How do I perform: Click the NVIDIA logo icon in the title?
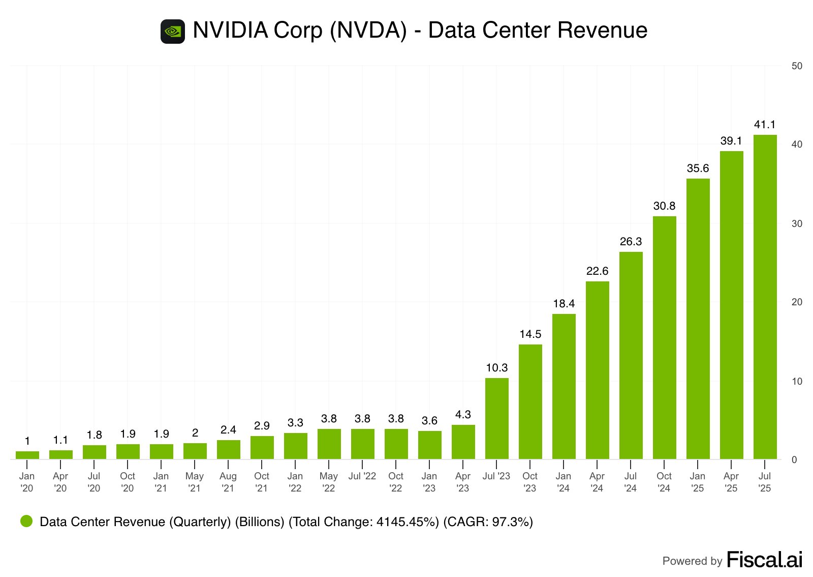pyautogui.click(x=173, y=31)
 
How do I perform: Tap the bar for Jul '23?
pyautogui.click(x=496, y=418)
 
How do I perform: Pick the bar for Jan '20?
pyautogui.click(x=27, y=455)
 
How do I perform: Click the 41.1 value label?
pyautogui.click(x=765, y=125)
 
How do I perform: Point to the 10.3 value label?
pyautogui.click(x=496, y=368)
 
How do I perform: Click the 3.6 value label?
pyautogui.click(x=429, y=421)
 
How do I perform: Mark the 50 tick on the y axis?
pyautogui.click(x=797, y=66)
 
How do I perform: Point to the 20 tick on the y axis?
pyautogui.click(x=797, y=302)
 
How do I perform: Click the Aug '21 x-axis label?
pyautogui.click(x=228, y=482)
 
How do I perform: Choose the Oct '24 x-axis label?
pyautogui.click(x=664, y=482)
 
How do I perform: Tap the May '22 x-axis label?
pyautogui.click(x=329, y=482)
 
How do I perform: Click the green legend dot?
pyautogui.click(x=26, y=521)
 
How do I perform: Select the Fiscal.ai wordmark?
pyautogui.click(x=764, y=560)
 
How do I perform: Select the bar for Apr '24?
pyautogui.click(x=597, y=370)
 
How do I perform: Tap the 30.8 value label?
pyautogui.click(x=664, y=206)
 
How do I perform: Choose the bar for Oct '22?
pyautogui.click(x=396, y=444)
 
